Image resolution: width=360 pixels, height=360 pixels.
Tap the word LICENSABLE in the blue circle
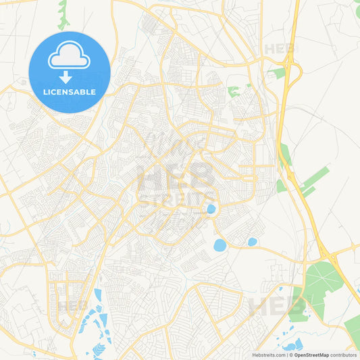(x=70, y=91)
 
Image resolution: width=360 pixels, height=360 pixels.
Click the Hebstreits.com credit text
(x=267, y=355)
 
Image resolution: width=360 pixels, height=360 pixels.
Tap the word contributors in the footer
(x=344, y=355)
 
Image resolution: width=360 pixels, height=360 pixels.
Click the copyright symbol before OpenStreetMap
(x=290, y=355)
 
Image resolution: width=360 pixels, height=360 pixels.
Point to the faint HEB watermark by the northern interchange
(x=278, y=49)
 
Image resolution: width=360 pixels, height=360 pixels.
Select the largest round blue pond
(x=220, y=245)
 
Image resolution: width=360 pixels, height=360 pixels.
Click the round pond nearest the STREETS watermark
(x=211, y=209)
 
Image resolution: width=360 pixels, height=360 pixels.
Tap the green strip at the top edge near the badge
(x=63, y=14)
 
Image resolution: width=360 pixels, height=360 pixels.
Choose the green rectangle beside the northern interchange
(x=277, y=72)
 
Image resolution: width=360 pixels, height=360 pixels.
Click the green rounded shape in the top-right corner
(x=357, y=10)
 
